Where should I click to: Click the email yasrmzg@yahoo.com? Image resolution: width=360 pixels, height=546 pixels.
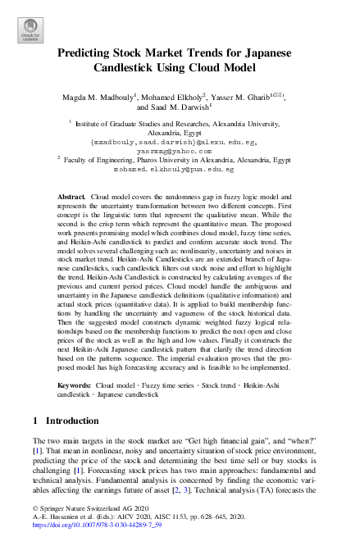click(x=179, y=151)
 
